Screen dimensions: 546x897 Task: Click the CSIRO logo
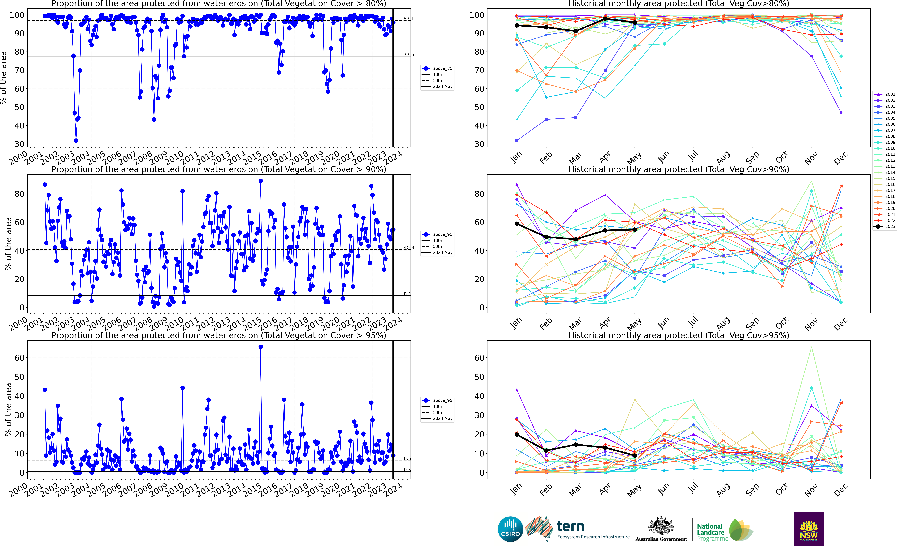pyautogui.click(x=510, y=529)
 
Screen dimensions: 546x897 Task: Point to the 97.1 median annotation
pyautogui.click(x=408, y=19)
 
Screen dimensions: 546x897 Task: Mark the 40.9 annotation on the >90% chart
pyautogui.click(x=408, y=248)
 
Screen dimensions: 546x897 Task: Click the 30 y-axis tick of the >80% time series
pyautogui.click(x=20, y=144)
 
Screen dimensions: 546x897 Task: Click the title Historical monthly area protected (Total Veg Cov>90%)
pyautogui.click(x=679, y=169)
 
